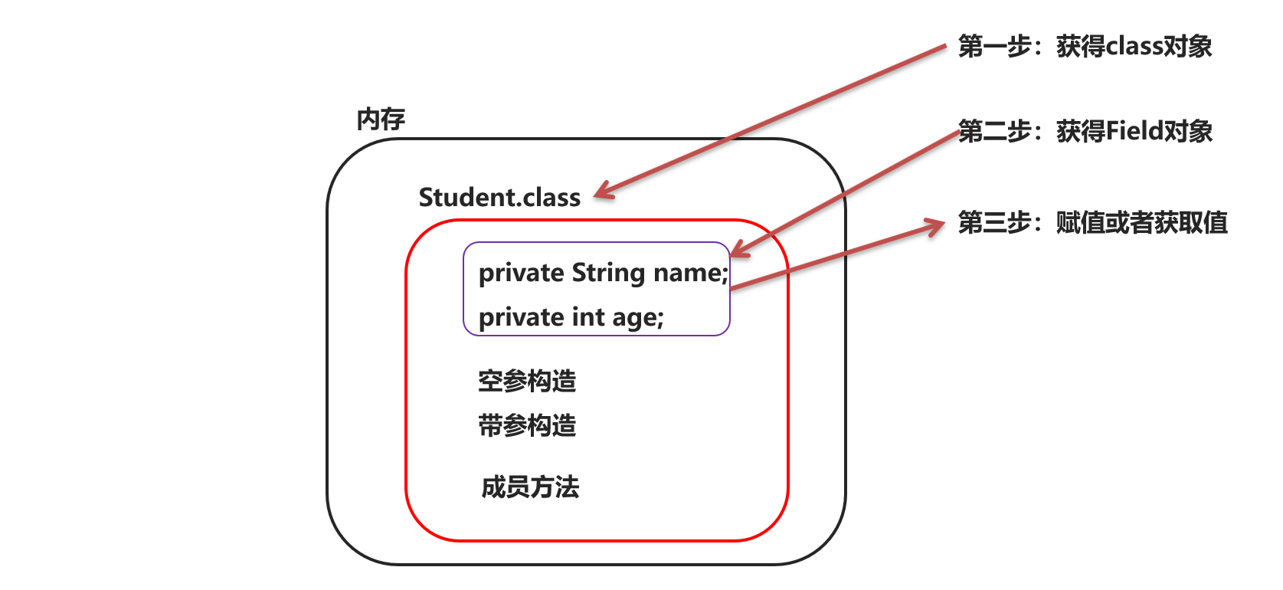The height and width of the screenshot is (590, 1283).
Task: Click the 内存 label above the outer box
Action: tap(381, 120)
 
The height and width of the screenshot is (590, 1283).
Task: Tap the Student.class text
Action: tap(499, 198)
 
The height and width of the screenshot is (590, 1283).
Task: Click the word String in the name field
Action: tap(608, 274)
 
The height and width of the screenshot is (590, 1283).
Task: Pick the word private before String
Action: tap(521, 274)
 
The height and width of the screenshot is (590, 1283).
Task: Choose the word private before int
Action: tap(521, 318)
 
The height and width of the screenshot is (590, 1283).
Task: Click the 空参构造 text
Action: tap(527, 381)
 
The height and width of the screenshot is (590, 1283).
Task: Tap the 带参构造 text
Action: tap(527, 425)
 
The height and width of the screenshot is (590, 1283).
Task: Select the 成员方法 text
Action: tap(530, 487)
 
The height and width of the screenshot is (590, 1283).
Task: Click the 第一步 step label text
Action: tap(994, 47)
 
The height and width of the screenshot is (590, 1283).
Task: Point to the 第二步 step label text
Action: tap(994, 132)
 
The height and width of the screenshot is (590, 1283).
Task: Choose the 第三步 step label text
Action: tap(994, 223)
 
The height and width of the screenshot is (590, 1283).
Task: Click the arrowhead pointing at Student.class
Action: tap(601, 192)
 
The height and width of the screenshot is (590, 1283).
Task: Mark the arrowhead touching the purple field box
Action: tap(738, 251)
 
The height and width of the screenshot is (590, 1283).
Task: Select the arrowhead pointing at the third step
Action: tap(938, 226)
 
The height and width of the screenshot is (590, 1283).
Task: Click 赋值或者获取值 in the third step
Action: tap(1141, 223)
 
